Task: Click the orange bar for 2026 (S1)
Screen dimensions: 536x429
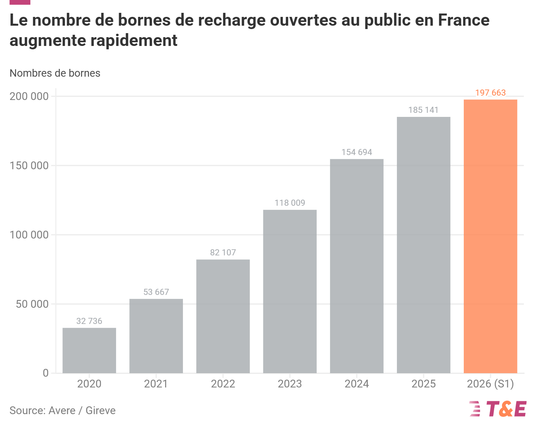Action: [490, 236]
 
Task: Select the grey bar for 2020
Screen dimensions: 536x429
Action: [89, 351]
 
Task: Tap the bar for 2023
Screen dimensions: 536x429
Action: [290, 292]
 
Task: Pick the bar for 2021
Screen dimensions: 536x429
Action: [156, 336]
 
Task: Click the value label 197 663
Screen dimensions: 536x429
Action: [490, 93]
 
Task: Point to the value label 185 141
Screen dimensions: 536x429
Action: [423, 110]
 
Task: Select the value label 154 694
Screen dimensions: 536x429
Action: [356, 152]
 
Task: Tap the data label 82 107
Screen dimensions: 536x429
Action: [223, 253]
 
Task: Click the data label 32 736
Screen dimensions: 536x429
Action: [89, 321]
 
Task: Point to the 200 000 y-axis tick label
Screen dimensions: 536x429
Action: [29, 97]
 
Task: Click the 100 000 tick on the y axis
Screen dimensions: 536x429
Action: [29, 235]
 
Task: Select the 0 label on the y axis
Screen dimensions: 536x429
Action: [46, 373]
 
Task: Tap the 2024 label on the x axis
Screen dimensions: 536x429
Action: [356, 384]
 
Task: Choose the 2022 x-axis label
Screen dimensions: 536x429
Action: [223, 384]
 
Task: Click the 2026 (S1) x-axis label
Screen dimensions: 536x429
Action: [490, 384]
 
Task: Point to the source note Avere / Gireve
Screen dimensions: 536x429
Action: [82, 410]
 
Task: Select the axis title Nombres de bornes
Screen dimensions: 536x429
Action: [55, 73]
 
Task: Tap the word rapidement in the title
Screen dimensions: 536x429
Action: [134, 41]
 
